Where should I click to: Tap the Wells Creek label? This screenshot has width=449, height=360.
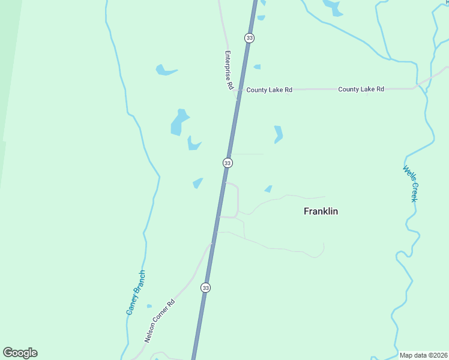pyautogui.click(x=410, y=184)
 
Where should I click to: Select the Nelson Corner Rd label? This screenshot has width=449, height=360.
pyautogui.click(x=159, y=320)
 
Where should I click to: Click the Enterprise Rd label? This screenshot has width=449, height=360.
pyautogui.click(x=228, y=70)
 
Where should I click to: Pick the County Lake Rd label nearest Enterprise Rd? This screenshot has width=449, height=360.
pyautogui.click(x=269, y=90)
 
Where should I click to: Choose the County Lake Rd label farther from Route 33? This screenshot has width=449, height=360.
pyautogui.click(x=361, y=89)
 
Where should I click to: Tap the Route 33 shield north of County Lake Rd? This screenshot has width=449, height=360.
pyautogui.click(x=249, y=38)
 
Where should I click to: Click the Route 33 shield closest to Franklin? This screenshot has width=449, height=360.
pyautogui.click(x=228, y=163)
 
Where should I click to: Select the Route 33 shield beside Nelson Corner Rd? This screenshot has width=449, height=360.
pyautogui.click(x=206, y=288)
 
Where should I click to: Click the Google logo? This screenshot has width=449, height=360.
pyautogui.click(x=20, y=353)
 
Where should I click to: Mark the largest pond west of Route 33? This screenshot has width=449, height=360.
pyautogui.click(x=179, y=122)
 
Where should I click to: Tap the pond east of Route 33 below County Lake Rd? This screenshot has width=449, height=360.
pyautogui.click(x=278, y=134)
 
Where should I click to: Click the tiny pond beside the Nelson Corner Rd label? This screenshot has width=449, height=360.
pyautogui.click(x=149, y=306)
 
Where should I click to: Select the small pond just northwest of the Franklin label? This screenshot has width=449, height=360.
pyautogui.click(x=268, y=190)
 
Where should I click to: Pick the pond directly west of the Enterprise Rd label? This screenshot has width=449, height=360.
pyautogui.click(x=164, y=70)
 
